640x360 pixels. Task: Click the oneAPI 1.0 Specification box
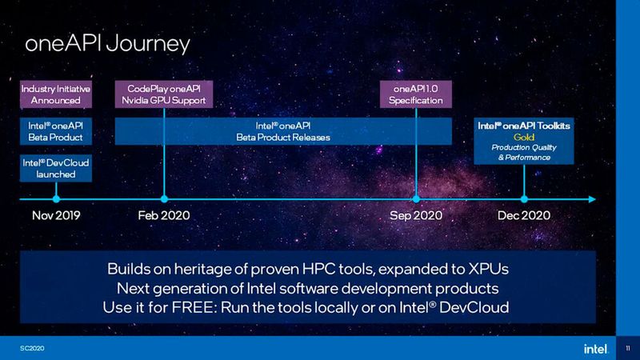[x=415, y=94]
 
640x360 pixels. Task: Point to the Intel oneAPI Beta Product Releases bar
[x=282, y=131]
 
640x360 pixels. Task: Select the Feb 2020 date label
[x=163, y=215]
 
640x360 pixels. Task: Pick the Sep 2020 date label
[x=417, y=215]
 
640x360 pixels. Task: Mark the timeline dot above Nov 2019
[x=55, y=197]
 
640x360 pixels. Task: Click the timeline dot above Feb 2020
[x=164, y=197]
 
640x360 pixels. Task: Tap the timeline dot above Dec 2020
[x=524, y=197]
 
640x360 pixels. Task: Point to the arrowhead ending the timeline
[x=592, y=197]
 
